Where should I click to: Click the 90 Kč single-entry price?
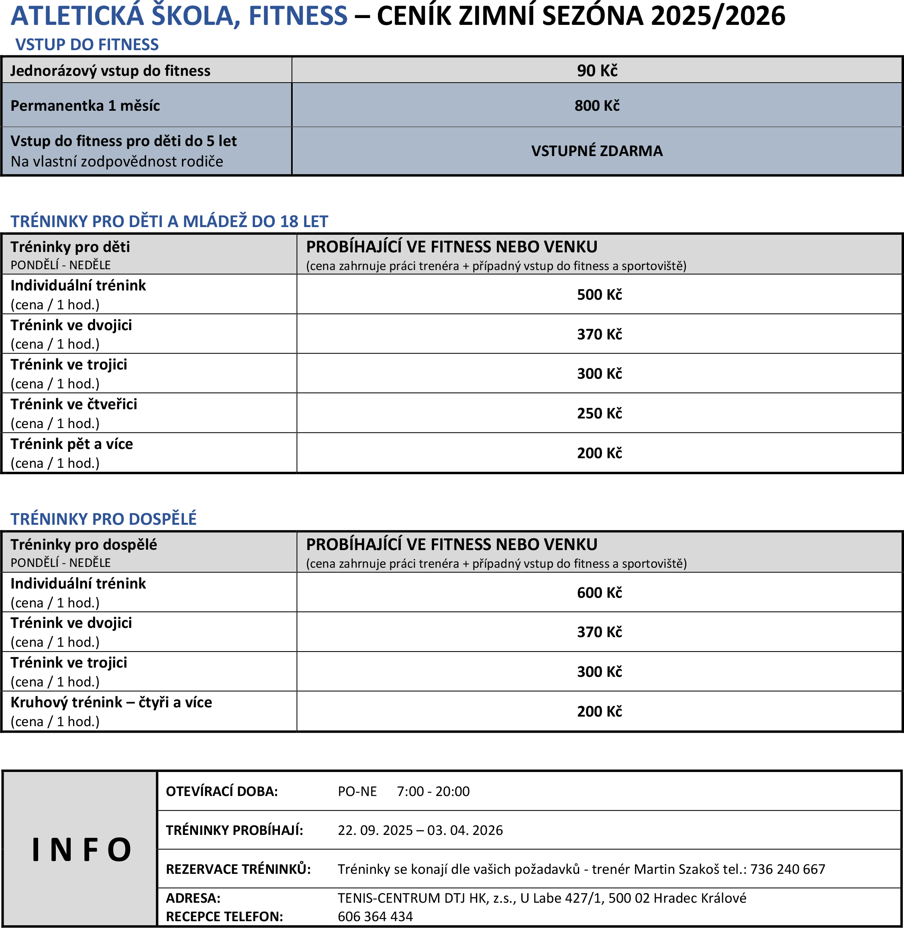coord(597,71)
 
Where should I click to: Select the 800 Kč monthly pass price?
coord(597,106)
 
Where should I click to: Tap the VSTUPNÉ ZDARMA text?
coord(596,151)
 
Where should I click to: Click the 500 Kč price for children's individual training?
coord(599,294)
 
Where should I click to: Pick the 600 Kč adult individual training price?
coord(599,593)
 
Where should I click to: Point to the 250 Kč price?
coord(599,413)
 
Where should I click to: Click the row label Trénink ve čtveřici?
coord(73,404)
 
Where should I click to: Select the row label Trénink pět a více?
coord(72,444)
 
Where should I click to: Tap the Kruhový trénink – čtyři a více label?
coord(111,702)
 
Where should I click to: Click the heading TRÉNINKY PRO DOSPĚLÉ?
coord(104,519)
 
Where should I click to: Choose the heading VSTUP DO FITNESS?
coord(87,45)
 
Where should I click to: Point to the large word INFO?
coord(81,849)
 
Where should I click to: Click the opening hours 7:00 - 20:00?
coord(433,791)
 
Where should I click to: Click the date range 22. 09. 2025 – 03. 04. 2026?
coord(420,830)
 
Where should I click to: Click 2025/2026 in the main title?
coord(718,16)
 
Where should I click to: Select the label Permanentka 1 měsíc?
coord(85,106)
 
